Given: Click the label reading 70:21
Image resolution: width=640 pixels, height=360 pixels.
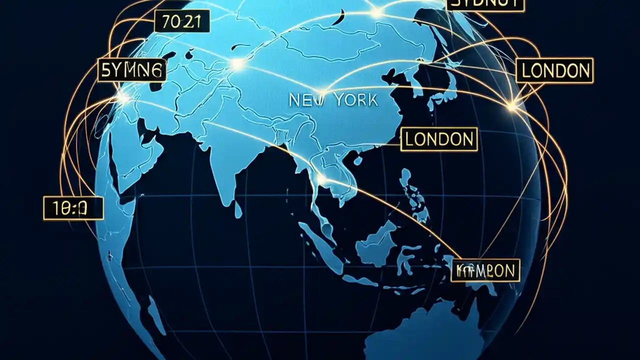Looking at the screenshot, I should [182, 21].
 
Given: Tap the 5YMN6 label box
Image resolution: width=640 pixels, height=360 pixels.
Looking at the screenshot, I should [131, 70].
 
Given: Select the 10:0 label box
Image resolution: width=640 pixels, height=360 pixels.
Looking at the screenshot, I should [73, 208].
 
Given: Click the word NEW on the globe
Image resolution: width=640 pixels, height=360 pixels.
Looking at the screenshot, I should [307, 100].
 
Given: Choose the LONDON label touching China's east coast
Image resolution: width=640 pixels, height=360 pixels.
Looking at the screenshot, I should [439, 139].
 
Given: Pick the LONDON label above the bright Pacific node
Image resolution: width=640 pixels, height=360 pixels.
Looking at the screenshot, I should [554, 70].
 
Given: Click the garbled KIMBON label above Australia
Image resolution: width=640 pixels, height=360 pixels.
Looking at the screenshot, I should [485, 270].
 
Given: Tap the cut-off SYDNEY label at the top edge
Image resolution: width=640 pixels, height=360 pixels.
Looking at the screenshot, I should [485, 4].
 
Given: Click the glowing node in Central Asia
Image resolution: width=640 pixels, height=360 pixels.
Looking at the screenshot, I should [237, 63].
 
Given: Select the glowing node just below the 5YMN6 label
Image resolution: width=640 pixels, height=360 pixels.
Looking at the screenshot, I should [123, 97].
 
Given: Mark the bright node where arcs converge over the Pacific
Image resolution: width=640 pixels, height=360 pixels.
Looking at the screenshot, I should [511, 106].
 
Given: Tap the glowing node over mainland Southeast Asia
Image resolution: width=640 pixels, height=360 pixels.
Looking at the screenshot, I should [321, 178].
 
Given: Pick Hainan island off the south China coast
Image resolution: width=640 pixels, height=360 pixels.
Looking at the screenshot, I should [358, 160].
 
